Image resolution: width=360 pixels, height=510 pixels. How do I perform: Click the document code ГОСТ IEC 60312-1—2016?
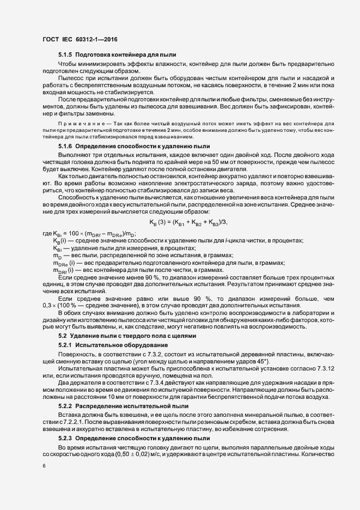click(x=79, y=39)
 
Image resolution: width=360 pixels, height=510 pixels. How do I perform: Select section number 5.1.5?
click(x=65, y=56)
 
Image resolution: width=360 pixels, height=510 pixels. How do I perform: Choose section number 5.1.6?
click(x=65, y=147)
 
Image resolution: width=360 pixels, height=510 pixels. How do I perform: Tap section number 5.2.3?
click(x=65, y=438)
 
